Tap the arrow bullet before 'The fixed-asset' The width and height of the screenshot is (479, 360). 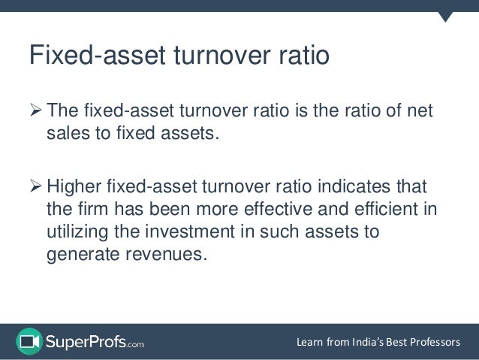[x=35, y=113]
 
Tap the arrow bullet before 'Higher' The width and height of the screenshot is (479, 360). [x=35, y=186]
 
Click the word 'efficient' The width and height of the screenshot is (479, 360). [x=387, y=209]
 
